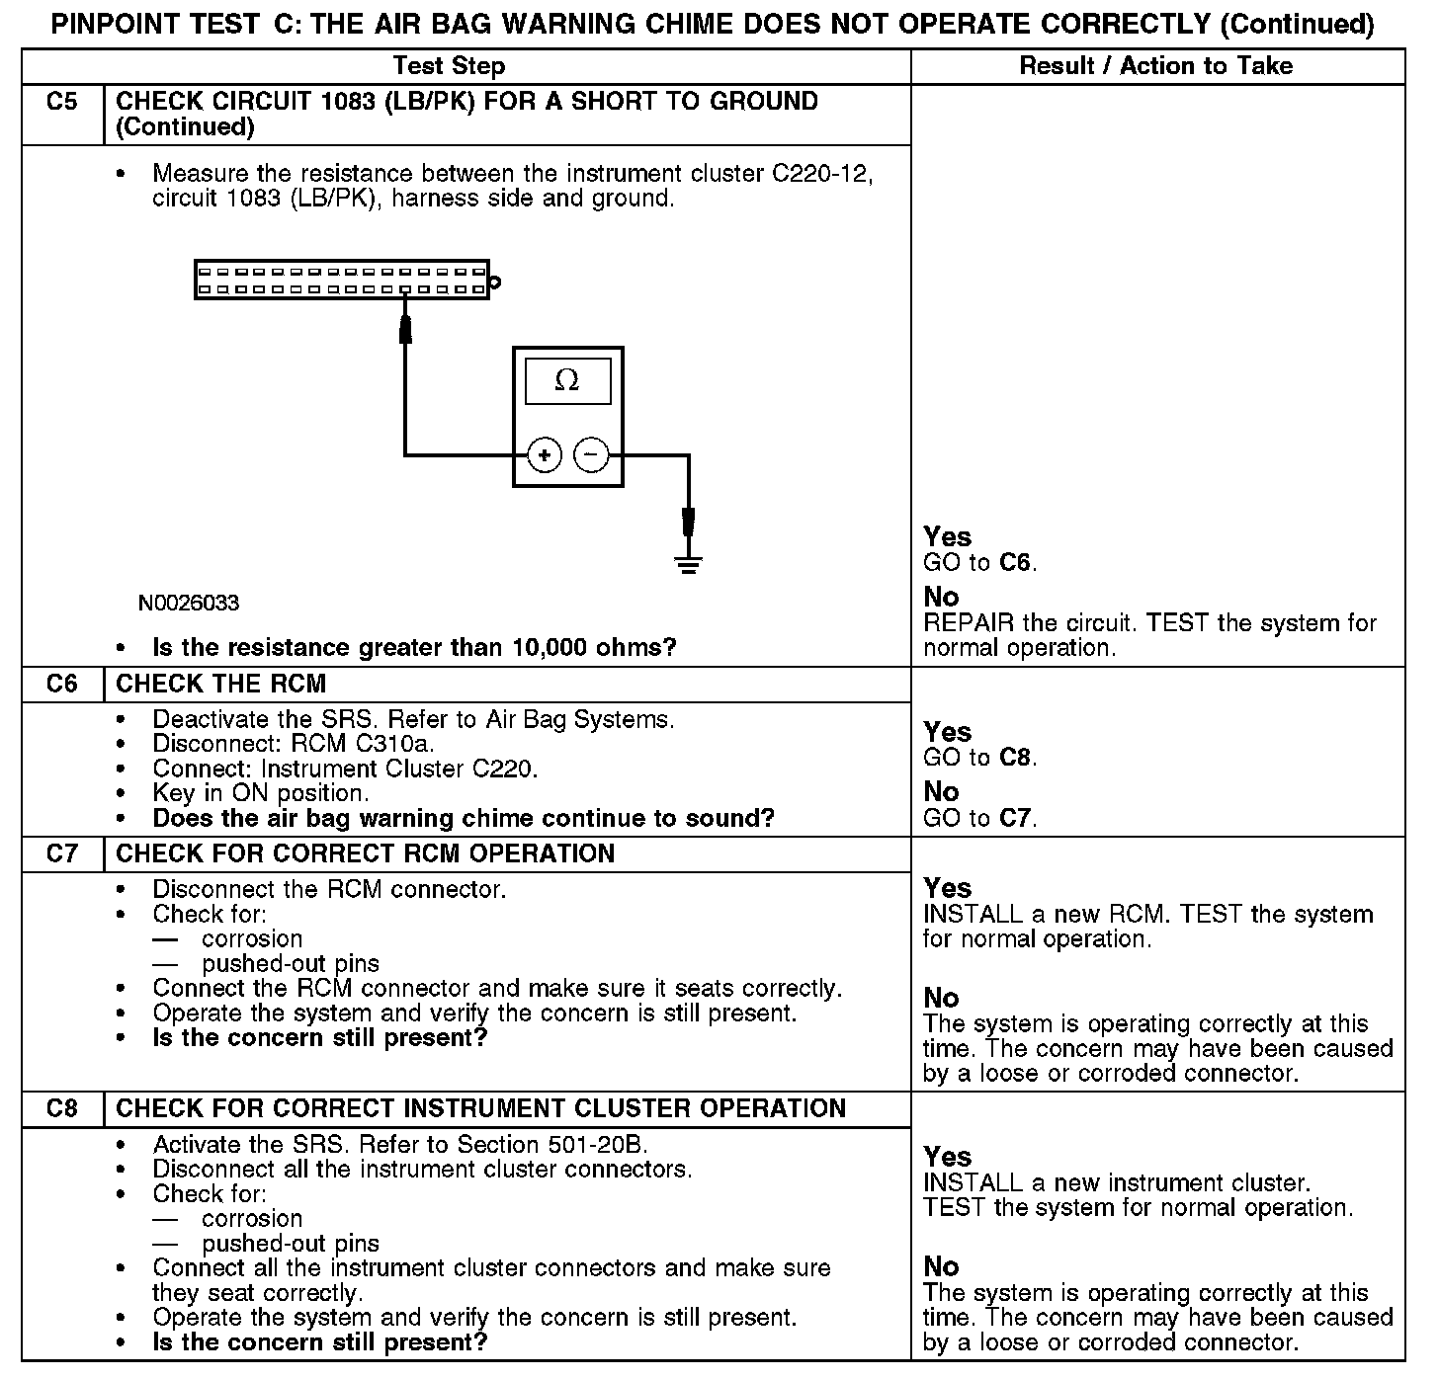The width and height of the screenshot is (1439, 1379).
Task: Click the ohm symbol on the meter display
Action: coord(567,380)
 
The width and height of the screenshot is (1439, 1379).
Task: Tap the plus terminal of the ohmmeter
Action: coord(544,454)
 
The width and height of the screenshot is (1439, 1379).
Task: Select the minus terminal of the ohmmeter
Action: coord(590,454)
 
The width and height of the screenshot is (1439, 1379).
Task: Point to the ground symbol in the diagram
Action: coord(688,565)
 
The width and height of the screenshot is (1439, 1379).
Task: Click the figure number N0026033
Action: coord(189,603)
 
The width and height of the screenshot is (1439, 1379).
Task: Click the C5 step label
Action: coord(62,102)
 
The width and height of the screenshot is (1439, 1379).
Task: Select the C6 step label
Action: coord(62,684)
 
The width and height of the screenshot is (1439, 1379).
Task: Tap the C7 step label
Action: coord(62,853)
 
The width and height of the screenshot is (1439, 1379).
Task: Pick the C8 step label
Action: coord(62,1108)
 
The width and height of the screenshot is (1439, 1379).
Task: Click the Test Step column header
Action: coord(449,66)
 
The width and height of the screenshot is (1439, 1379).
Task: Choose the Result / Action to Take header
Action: coord(1155,66)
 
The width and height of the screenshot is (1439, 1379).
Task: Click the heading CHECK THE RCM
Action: coord(221,684)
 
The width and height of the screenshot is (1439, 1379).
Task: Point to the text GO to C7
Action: coord(979,818)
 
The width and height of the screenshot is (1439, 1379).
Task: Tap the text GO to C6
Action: coord(979,563)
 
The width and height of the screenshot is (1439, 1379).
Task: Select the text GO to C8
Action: coord(979,758)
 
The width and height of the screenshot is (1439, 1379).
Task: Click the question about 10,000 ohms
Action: coord(414,648)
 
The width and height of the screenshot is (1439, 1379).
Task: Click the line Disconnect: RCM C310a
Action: coord(294,744)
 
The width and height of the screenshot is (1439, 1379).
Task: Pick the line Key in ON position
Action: coord(261,793)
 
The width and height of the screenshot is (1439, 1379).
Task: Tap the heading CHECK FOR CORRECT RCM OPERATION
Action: coord(365,853)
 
